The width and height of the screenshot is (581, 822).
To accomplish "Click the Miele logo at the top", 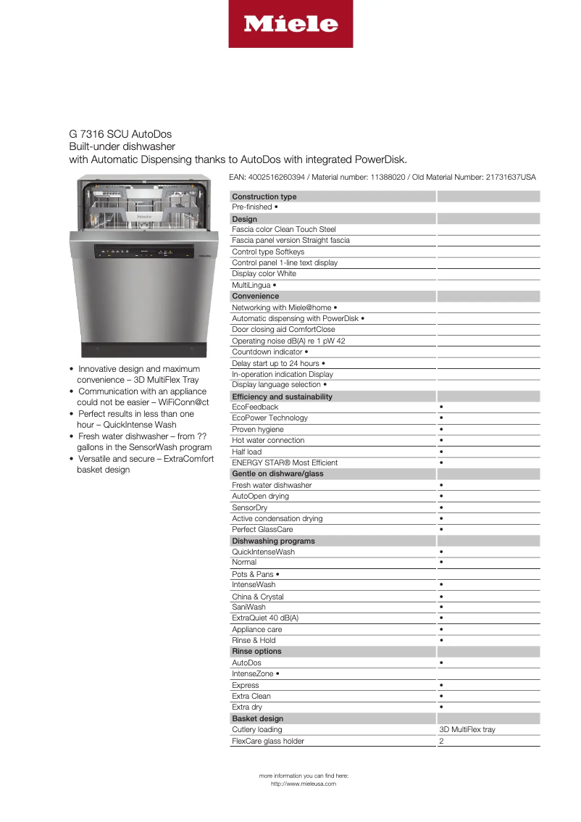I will click(x=290, y=24).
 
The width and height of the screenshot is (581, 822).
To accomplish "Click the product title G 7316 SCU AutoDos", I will click(x=120, y=134).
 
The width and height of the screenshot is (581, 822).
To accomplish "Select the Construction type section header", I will click(x=264, y=196).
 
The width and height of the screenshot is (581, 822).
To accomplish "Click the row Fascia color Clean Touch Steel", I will click(x=284, y=229).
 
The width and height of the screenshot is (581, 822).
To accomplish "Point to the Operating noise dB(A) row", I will click(x=288, y=341).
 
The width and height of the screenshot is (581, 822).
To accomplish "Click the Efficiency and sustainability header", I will click(x=282, y=397).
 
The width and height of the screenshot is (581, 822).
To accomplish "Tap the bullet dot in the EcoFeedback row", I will click(x=441, y=407).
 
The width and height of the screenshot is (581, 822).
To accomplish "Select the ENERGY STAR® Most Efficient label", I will click(x=285, y=462).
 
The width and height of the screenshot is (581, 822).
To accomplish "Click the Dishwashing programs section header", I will click(x=273, y=541).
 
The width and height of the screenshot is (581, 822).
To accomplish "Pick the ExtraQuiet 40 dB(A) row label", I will click(x=265, y=618).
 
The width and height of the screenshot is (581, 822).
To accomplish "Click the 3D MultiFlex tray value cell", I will click(x=467, y=729).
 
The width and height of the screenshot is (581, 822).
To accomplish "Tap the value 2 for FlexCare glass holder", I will click(x=441, y=741).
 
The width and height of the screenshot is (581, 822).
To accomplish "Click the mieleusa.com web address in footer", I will click(x=303, y=784).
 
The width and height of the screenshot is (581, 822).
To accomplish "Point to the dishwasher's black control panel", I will click(x=145, y=252).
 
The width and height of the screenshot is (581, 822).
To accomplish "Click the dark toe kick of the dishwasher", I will click(x=145, y=349).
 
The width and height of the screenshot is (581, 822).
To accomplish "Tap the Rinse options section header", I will click(x=256, y=651).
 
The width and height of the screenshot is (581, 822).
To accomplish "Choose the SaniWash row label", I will click(x=248, y=607).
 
